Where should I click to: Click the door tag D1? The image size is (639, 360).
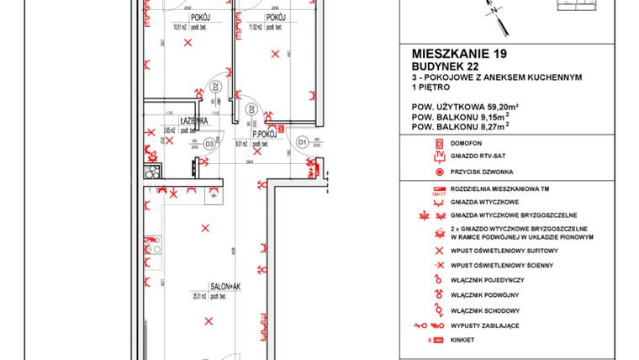303,144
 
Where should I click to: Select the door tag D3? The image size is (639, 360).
209,144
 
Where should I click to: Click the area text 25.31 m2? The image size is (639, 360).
198,296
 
